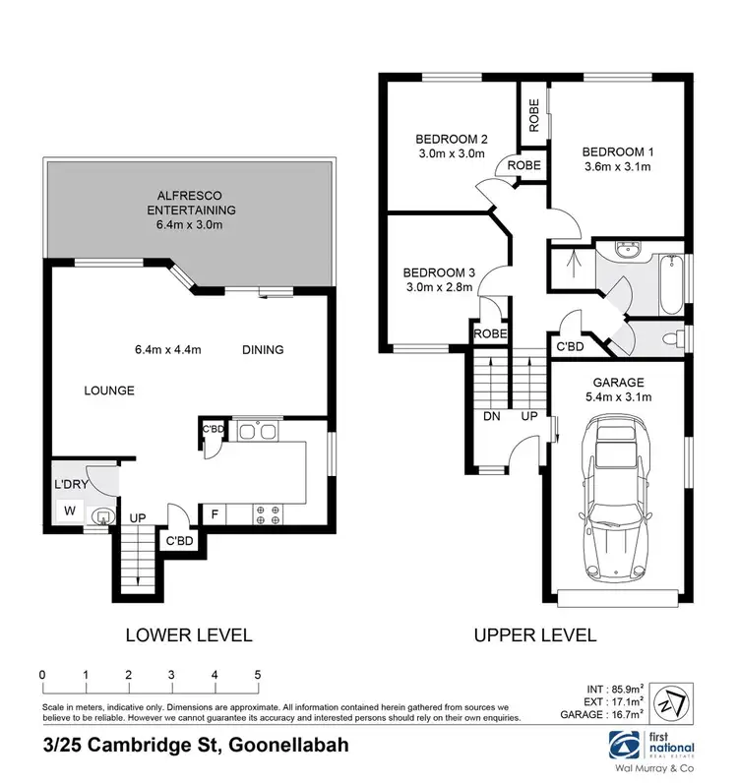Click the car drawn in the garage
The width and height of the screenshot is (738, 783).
616,499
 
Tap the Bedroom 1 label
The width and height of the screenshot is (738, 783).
617,151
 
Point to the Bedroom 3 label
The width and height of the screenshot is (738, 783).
438,272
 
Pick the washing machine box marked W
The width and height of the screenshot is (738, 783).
69,512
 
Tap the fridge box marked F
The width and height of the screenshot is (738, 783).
215,513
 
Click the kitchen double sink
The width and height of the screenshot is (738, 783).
255,430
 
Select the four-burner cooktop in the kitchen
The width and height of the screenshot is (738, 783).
269,513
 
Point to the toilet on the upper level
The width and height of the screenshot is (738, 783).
671,339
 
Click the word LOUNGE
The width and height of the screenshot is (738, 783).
108,390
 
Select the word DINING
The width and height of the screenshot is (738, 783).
264,349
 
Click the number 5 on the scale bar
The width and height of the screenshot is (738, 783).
257,674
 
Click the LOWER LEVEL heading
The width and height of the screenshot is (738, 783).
189,634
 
